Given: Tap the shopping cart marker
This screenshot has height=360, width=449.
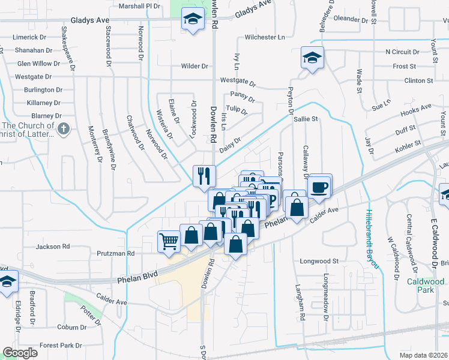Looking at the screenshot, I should pos(169,241).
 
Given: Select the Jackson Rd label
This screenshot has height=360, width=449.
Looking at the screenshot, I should pos(53,247).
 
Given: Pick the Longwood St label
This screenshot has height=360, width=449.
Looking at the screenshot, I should pos(319,262).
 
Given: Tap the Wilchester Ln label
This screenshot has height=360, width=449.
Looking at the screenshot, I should pos(265,37).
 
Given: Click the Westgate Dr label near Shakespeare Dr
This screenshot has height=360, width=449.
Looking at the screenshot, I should pos(33,77).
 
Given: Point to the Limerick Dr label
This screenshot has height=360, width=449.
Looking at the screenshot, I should pos(29,37).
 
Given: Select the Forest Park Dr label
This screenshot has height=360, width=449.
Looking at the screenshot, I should pos(61,346).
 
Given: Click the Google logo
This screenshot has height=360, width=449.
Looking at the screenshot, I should pos(20,353).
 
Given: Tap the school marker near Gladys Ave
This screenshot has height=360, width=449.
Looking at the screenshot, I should pos(192,20).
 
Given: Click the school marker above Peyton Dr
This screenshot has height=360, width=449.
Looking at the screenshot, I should pos(312,58).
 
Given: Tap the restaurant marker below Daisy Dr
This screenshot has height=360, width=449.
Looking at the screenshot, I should pos(203,175).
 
